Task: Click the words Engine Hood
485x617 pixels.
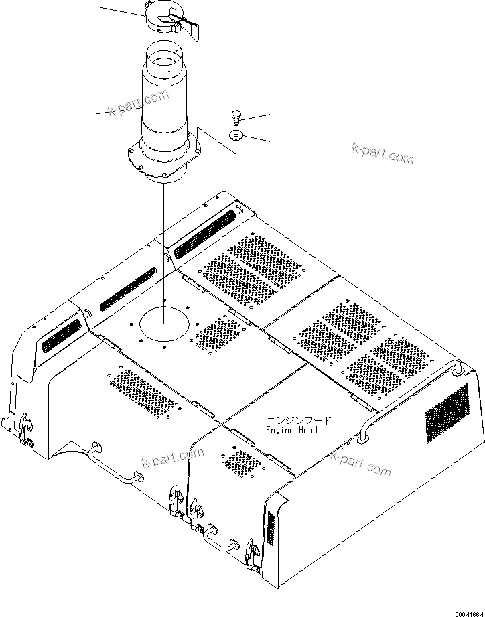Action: [291, 431]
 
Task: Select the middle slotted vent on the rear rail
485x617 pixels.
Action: [127, 289]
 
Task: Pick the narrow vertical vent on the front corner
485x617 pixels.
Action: [271, 528]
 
